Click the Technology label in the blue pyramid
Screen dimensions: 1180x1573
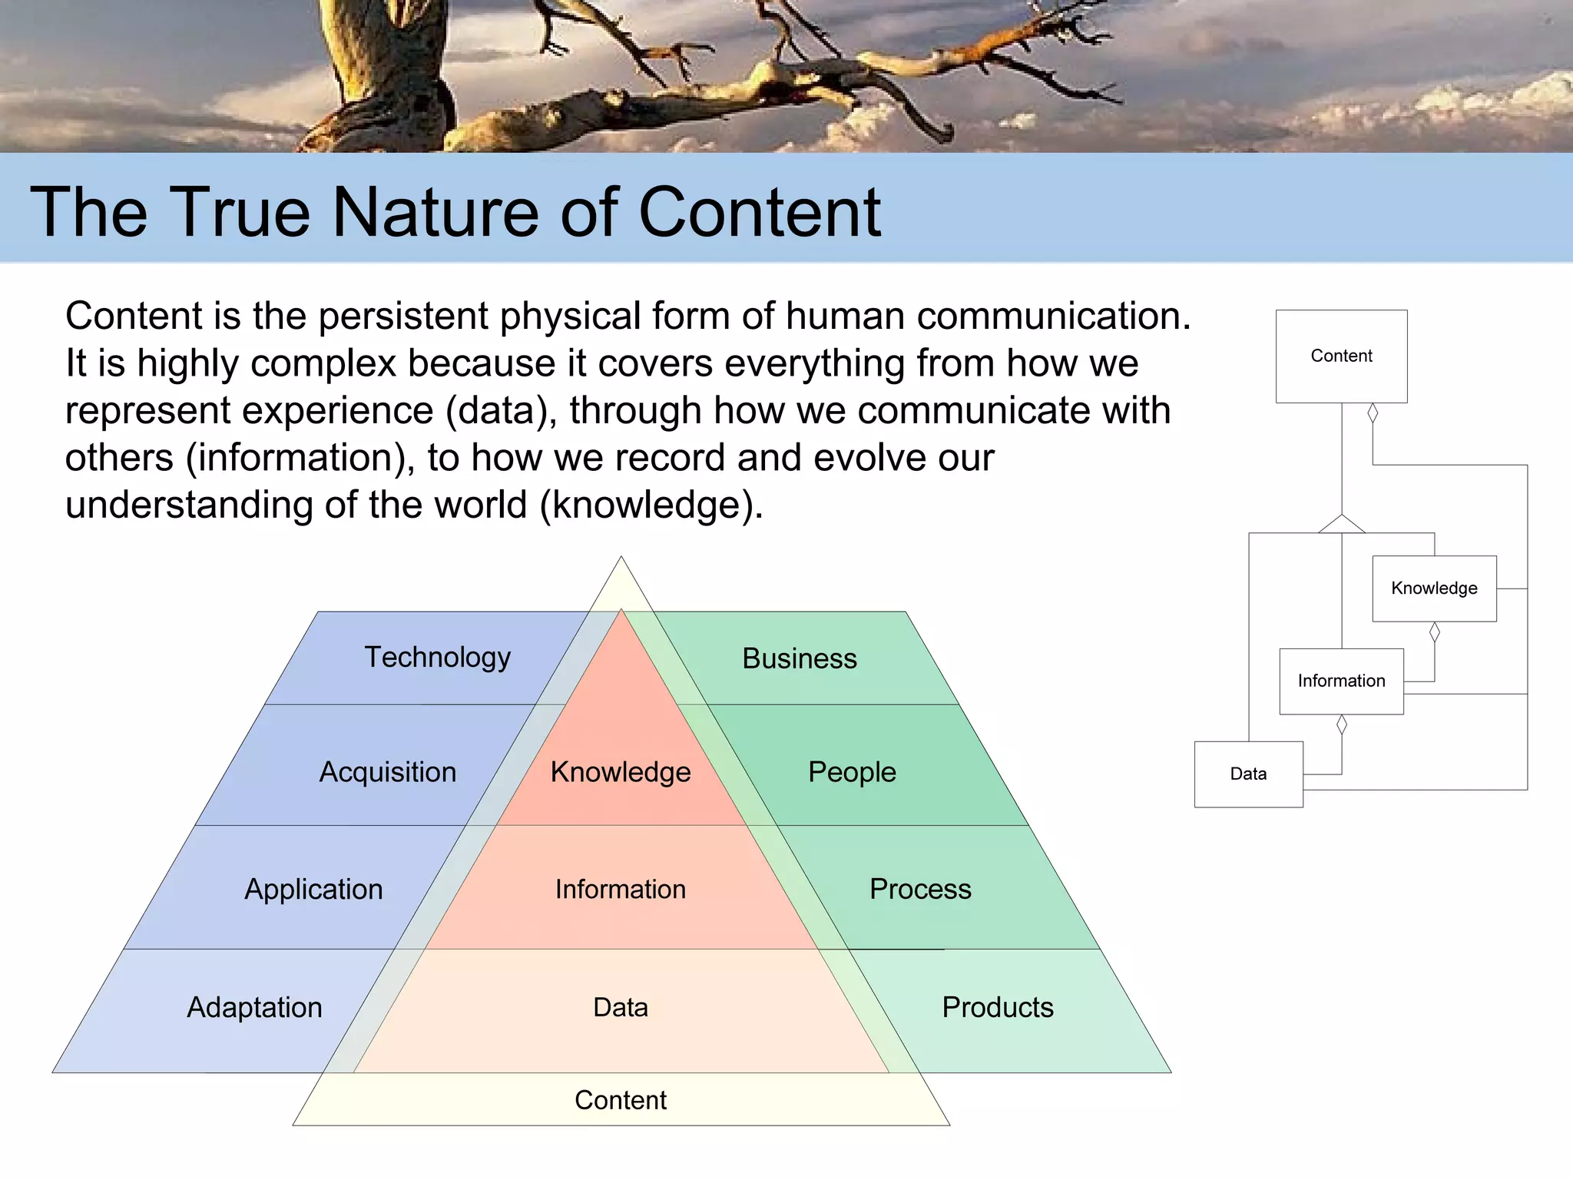coord(437,658)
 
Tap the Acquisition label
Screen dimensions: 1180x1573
coord(387,772)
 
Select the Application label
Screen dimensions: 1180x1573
coord(313,889)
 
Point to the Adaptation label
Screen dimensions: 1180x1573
coord(254,1007)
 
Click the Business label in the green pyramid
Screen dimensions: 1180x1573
coord(799,658)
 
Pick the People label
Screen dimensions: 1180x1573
coord(852,772)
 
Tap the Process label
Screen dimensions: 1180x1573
coord(920,889)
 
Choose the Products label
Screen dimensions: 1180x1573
coord(997,1007)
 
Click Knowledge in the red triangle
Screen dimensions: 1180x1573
coord(621,772)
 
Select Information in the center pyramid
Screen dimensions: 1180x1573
coord(621,889)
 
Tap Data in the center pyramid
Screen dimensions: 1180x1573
coord(621,1007)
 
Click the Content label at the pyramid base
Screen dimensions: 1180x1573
coord(621,1100)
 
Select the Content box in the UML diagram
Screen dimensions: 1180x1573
coord(1341,356)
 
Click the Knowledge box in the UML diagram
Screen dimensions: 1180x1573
coord(1434,588)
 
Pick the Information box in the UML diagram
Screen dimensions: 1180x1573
coord(1341,681)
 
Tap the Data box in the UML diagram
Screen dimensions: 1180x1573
coord(1248,774)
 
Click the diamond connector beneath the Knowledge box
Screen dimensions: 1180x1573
coord(1434,632)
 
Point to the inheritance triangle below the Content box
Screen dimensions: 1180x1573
coord(1342,524)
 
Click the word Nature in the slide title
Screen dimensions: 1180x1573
coord(435,212)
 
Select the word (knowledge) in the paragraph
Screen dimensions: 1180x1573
coord(651,505)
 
